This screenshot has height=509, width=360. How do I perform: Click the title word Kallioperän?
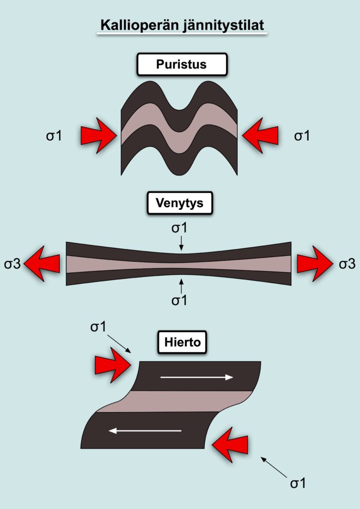coord(137,25)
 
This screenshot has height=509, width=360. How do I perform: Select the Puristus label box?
coord(181,64)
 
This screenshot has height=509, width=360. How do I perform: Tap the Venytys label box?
coord(180,203)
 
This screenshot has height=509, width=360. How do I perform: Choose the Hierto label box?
coord(182,342)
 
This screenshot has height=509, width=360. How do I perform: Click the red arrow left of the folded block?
coord(98,135)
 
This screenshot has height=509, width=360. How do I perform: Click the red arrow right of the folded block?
coord(260,135)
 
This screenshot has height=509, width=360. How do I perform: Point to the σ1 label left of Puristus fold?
coord(54,136)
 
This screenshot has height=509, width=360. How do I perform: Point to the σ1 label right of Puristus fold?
coord(301,136)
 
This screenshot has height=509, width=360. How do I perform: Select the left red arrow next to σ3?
coord(42,263)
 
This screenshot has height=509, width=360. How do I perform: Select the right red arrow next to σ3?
coord(315,263)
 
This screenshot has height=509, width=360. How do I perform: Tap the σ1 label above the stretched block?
coord(179,228)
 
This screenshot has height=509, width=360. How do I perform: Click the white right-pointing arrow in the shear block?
coord(197,377)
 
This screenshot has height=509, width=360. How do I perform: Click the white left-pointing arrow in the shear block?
coord(145,431)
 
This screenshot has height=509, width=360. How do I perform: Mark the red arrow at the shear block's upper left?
coord(113,365)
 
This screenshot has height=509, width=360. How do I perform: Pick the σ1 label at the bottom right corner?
coord(298,483)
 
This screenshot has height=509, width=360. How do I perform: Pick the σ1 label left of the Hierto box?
coord(98,327)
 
